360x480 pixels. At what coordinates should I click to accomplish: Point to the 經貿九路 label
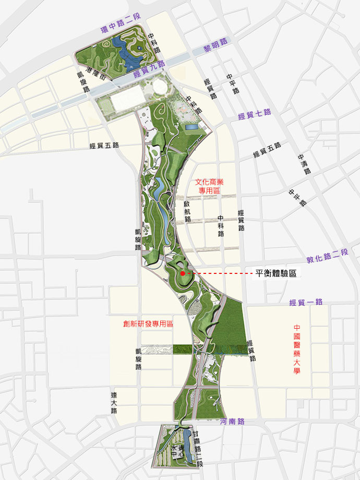(x=149, y=69)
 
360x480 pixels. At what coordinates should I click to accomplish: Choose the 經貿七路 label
(x=254, y=114)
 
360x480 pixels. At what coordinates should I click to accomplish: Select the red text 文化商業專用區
(x=209, y=186)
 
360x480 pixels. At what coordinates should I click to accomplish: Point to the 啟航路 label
(x=187, y=211)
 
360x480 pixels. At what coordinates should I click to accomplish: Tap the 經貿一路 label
(x=306, y=302)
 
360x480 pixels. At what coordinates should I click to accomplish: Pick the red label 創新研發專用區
(x=148, y=323)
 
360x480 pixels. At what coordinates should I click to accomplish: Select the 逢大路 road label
(x=114, y=402)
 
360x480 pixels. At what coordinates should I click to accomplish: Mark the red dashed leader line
(x=219, y=273)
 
